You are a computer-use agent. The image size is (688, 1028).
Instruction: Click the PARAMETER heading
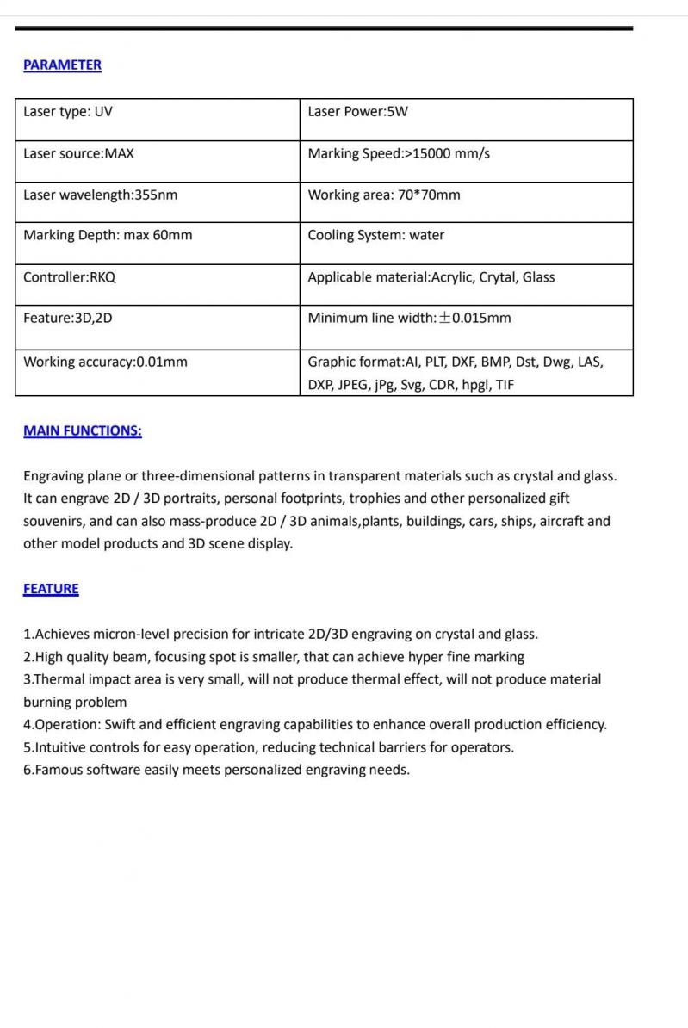62,65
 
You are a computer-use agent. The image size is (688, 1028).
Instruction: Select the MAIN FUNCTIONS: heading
83,430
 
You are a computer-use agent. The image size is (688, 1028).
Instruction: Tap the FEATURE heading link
51,588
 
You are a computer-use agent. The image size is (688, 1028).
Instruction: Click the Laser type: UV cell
68,112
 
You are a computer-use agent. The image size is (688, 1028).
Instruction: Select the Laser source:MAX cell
78,153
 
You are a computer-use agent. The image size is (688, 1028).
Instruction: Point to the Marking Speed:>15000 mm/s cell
399,153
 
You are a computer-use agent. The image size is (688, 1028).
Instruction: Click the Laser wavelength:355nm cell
100,195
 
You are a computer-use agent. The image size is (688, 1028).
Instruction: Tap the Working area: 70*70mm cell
384,195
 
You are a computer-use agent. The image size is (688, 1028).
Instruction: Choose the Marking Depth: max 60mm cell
108,235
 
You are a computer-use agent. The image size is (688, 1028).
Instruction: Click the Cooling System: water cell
376,235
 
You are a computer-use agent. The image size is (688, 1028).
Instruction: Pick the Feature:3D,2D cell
68,318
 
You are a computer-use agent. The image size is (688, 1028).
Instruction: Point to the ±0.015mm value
474,318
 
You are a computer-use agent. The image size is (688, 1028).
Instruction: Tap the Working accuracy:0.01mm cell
105,362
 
